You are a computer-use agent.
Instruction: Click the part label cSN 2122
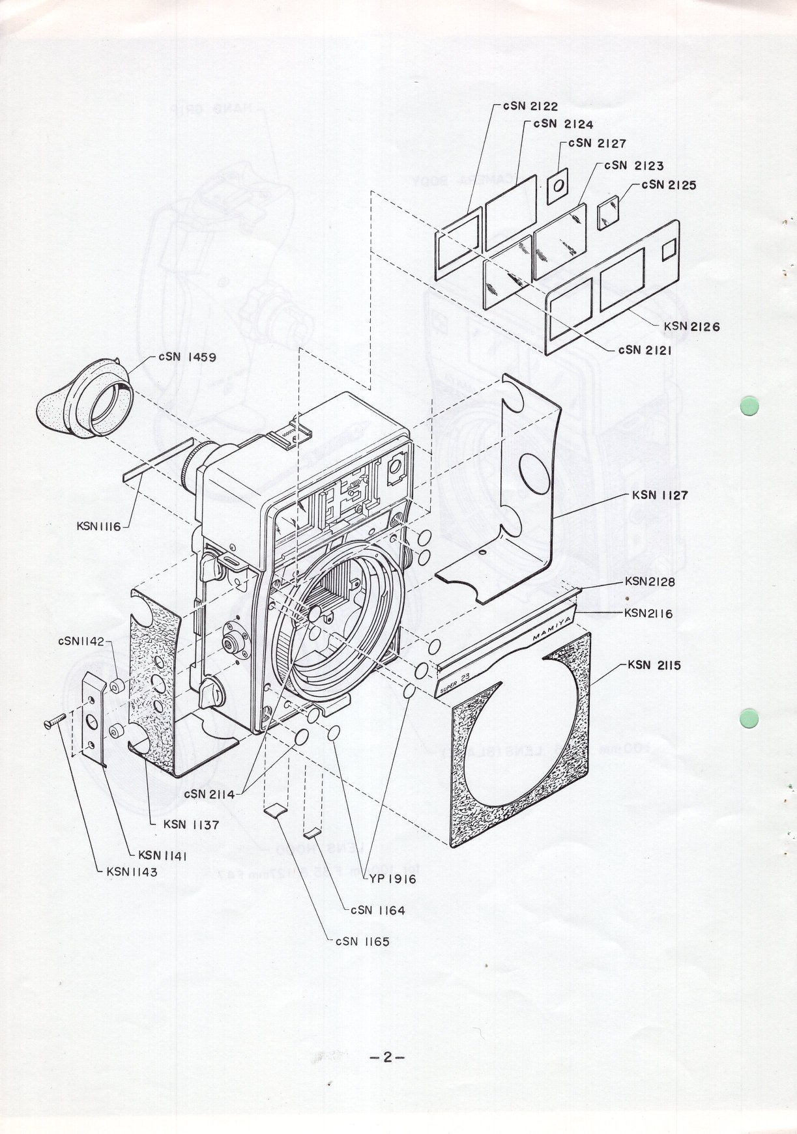click(530, 106)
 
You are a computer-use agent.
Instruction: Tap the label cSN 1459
click(187, 358)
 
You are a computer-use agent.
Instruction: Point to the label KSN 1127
click(659, 495)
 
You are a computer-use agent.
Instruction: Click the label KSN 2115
click(654, 666)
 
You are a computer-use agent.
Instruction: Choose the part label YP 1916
click(392, 879)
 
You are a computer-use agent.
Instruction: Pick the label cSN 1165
click(362, 941)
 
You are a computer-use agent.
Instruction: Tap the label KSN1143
click(132, 872)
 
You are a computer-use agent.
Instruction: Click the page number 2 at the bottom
click(387, 1058)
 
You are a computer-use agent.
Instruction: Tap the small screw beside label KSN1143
click(56, 720)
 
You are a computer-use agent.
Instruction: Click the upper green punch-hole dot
click(749, 406)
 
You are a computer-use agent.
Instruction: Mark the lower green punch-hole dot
click(749, 719)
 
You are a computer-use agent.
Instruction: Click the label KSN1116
click(99, 526)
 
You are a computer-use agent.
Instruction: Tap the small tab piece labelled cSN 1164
click(313, 832)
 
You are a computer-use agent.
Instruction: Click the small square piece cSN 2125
click(609, 212)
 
